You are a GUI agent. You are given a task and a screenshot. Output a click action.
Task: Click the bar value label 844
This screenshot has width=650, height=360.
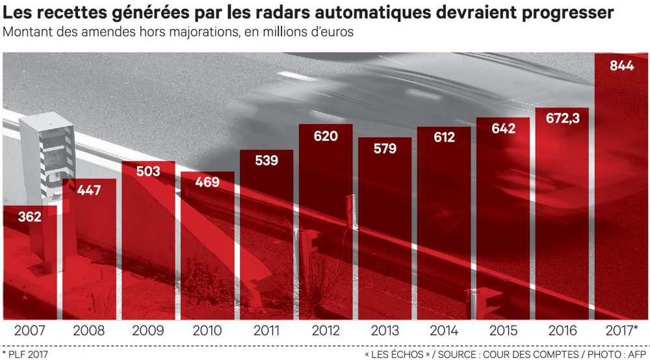[x=622, y=66]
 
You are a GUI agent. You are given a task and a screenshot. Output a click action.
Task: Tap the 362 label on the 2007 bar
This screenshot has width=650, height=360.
[x=29, y=216]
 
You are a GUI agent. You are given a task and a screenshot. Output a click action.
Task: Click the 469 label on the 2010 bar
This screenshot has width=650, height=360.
[x=207, y=183]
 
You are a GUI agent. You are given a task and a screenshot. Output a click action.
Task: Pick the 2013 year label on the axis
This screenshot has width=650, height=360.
[x=384, y=330]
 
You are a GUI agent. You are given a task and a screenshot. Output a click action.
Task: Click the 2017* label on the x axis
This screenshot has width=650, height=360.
[x=620, y=330]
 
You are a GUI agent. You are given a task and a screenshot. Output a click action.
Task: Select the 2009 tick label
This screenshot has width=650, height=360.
[x=148, y=330]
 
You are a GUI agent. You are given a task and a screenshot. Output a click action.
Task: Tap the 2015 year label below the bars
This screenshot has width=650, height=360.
[x=502, y=330]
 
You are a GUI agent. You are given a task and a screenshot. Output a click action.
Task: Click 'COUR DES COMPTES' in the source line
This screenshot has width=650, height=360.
[x=532, y=354]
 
